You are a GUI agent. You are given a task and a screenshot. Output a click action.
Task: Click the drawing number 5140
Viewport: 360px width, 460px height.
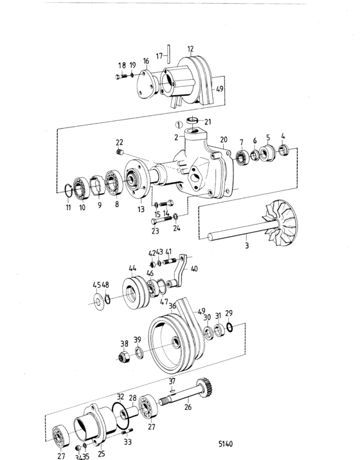(226, 443)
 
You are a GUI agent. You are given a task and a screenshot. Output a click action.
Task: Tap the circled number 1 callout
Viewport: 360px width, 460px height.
(179, 125)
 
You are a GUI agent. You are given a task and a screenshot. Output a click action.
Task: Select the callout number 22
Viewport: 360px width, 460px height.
(120, 142)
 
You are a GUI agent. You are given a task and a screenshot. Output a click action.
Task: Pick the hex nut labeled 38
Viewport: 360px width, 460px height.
(123, 356)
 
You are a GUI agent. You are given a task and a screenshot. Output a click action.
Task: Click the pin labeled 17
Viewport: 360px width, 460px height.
(168, 53)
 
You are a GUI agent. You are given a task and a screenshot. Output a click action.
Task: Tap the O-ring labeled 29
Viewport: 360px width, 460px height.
(230, 327)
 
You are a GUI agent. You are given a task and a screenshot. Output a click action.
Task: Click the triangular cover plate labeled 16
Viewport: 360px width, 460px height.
(146, 84)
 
